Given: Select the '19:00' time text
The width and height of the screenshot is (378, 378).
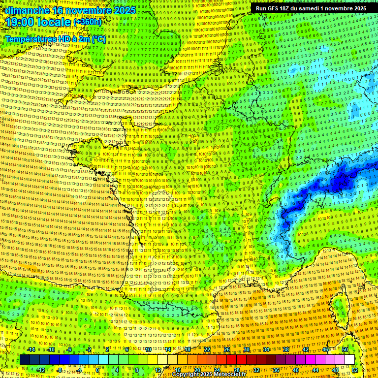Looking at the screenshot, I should click(x=19, y=22).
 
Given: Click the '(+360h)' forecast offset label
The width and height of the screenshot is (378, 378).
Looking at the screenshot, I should click(x=88, y=22).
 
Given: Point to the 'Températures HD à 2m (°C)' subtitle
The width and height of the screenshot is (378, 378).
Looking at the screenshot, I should click(x=55, y=39).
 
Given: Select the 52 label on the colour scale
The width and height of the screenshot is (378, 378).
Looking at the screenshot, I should click(x=355, y=370).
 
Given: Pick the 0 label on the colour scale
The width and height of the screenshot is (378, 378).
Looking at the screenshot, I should click(x=98, y=370).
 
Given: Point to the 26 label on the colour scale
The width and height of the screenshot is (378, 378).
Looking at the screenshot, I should click(x=227, y=349).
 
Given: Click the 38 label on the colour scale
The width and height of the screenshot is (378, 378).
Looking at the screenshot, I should click(x=285, y=349).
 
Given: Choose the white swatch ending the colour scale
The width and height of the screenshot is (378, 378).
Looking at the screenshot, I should click(x=349, y=360).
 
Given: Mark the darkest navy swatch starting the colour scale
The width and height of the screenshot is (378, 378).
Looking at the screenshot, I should click(x=25, y=360).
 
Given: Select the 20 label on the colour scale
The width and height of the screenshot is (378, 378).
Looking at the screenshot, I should click(x=197, y=370).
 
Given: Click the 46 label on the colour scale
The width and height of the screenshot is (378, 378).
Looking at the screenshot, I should click(x=325, y=349).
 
